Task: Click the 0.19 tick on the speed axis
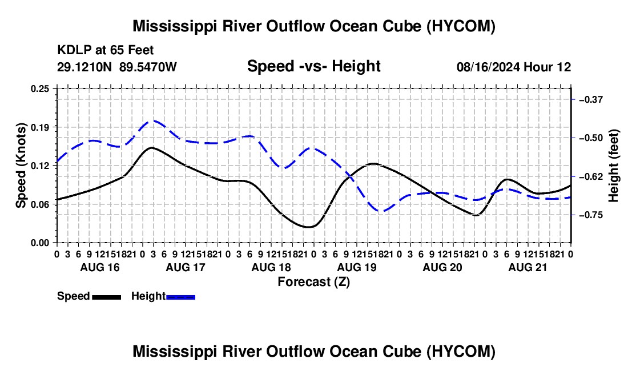click(x=40, y=127)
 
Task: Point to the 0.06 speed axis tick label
click(x=40, y=204)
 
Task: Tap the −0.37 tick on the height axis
click(x=591, y=100)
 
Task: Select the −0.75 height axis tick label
click(x=591, y=215)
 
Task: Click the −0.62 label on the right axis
click(x=591, y=176)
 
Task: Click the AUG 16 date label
click(x=100, y=267)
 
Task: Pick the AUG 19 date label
click(x=357, y=267)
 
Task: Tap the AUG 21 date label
click(x=528, y=267)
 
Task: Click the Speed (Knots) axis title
click(x=21, y=166)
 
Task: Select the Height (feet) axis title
click(x=613, y=166)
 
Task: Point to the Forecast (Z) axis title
click(x=313, y=282)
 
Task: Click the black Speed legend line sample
click(x=106, y=297)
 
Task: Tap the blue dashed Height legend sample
click(x=180, y=297)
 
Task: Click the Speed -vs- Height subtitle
click(x=313, y=66)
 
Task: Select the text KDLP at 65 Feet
click(x=106, y=50)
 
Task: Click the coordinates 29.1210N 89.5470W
click(x=116, y=67)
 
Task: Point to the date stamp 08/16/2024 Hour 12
click(x=514, y=67)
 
